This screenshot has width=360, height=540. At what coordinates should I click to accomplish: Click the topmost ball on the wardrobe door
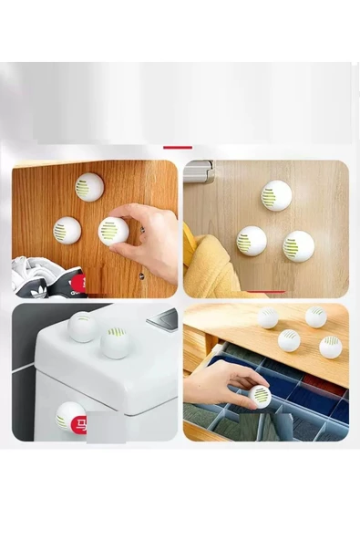pos(88,187)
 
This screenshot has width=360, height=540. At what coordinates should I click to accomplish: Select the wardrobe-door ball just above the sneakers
pos(67,230)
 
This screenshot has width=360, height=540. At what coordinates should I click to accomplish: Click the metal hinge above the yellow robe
pos(199,170)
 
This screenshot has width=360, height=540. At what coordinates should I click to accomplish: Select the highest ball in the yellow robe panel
pos(276,194)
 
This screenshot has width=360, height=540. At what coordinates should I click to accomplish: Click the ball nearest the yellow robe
pos(251,241)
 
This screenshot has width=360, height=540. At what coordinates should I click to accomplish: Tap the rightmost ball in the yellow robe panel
pos(297,245)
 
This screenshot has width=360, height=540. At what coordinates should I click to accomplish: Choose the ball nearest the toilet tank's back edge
pos(83,327)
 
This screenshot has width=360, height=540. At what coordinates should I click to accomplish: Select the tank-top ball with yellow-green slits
pos(116,342)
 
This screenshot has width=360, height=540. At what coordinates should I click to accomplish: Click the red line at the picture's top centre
pos(178,146)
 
